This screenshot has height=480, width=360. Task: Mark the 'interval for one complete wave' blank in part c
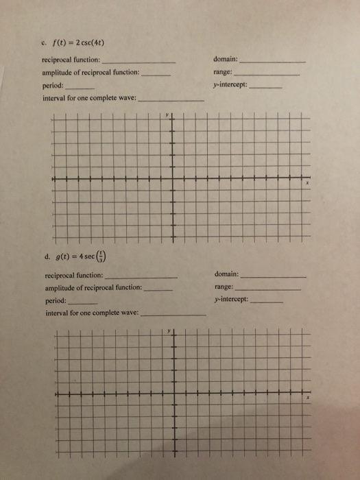coord(171,101)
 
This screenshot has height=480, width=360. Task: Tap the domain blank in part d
coord(274,276)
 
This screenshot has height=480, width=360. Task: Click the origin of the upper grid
coord(171,180)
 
